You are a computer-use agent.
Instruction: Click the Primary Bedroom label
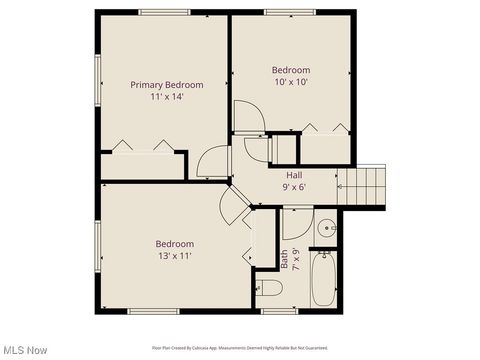(167, 85)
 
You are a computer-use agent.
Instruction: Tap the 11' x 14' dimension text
(167, 97)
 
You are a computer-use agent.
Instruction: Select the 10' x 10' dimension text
(291, 83)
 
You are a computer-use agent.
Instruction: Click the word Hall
(295, 175)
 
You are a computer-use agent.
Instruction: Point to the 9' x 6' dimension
(294, 187)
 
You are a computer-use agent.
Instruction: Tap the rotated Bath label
(284, 258)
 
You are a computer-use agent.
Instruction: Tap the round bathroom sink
(326, 229)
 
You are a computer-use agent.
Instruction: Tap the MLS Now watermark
(24, 350)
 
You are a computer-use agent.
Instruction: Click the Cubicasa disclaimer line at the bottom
(239, 348)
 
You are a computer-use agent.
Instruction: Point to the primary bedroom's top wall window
(164, 12)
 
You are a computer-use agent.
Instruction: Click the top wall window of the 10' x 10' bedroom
(291, 12)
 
